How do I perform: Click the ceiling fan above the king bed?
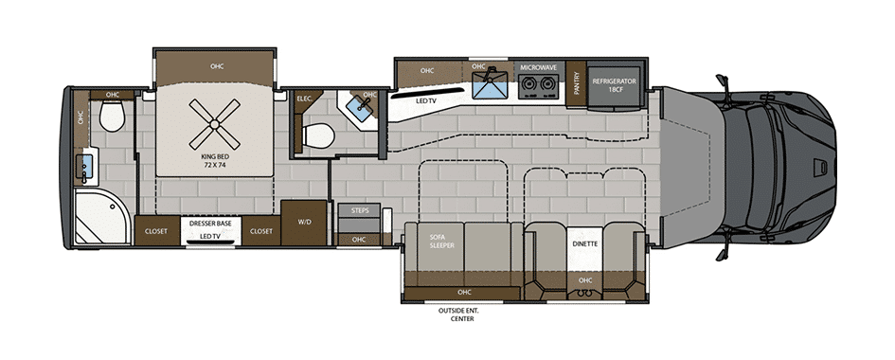[x=215, y=124]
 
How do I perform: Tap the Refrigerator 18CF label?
[x=614, y=85]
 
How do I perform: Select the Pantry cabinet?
[x=577, y=83]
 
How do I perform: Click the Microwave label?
[x=538, y=67]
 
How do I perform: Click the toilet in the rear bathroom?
[x=112, y=116]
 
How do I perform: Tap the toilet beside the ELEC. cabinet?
[x=318, y=135]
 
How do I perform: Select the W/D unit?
[x=303, y=223]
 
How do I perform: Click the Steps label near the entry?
[x=360, y=210]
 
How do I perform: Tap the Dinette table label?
[x=584, y=243]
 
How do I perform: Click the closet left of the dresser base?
[x=156, y=231]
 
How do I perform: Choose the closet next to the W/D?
[x=261, y=231]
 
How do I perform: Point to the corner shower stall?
[x=102, y=217]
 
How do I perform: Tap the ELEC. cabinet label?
[x=304, y=99]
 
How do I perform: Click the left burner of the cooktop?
[x=528, y=84]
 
